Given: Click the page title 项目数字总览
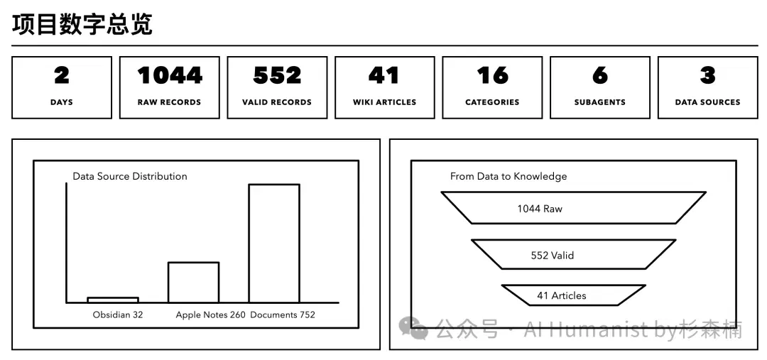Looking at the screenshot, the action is point(82,25).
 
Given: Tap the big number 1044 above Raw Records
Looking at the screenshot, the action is point(169,75).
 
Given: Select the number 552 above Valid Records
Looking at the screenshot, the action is point(277,75).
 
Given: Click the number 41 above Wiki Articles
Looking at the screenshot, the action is point(384,75).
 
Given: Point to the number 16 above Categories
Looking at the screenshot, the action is point(492,75).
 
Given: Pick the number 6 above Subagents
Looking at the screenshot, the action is point(599,75).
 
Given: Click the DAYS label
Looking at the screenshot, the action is point(62,102).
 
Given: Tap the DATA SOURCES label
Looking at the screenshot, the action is point(707,102).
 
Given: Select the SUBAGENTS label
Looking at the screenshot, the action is point(599,102).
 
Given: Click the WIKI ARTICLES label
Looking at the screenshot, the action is point(384,102).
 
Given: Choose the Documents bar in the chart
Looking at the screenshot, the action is point(274,243).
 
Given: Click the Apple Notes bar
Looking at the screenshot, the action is point(193,282).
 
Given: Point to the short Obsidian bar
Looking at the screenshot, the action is point(112,300).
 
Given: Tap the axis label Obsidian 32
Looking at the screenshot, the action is point(118,315).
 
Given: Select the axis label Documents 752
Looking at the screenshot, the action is point(283,315).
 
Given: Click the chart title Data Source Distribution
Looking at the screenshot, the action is point(130,176).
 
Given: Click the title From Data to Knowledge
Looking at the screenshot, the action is point(508,176).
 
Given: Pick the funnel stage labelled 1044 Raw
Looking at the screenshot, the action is point(573,208).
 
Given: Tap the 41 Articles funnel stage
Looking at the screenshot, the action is point(573,295).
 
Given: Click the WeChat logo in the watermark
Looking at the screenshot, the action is point(413,328).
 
